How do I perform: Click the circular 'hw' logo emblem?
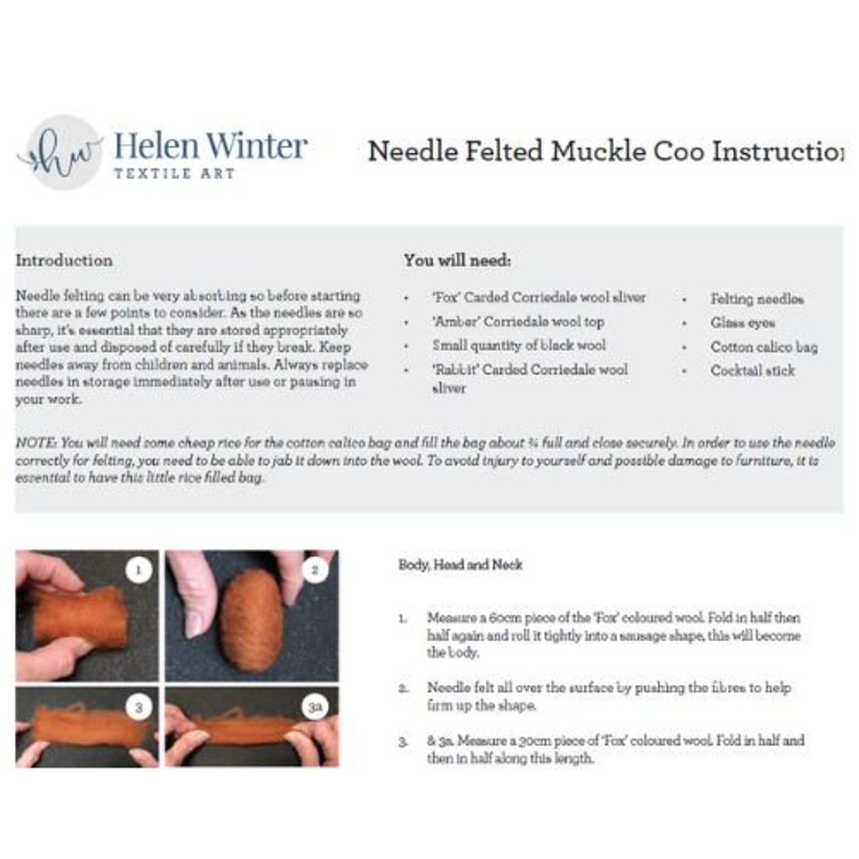coord(62,152)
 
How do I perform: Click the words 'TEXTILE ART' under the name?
coord(174,173)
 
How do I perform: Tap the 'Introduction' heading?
coord(64,261)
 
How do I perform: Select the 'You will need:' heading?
coord(457,261)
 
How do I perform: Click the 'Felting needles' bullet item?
coord(757,299)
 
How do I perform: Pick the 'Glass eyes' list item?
coord(742,323)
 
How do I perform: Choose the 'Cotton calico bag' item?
coord(763,347)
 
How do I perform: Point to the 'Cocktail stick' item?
coord(752,371)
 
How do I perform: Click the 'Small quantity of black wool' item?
coord(518,345)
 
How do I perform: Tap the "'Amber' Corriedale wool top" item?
coord(518,322)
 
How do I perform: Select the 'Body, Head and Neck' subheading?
coord(460,564)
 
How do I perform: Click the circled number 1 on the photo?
coord(138,570)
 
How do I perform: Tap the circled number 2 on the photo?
coord(315,570)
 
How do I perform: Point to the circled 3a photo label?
coord(315,707)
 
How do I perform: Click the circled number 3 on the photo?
coord(138,707)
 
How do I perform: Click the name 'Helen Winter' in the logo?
coord(210,146)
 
